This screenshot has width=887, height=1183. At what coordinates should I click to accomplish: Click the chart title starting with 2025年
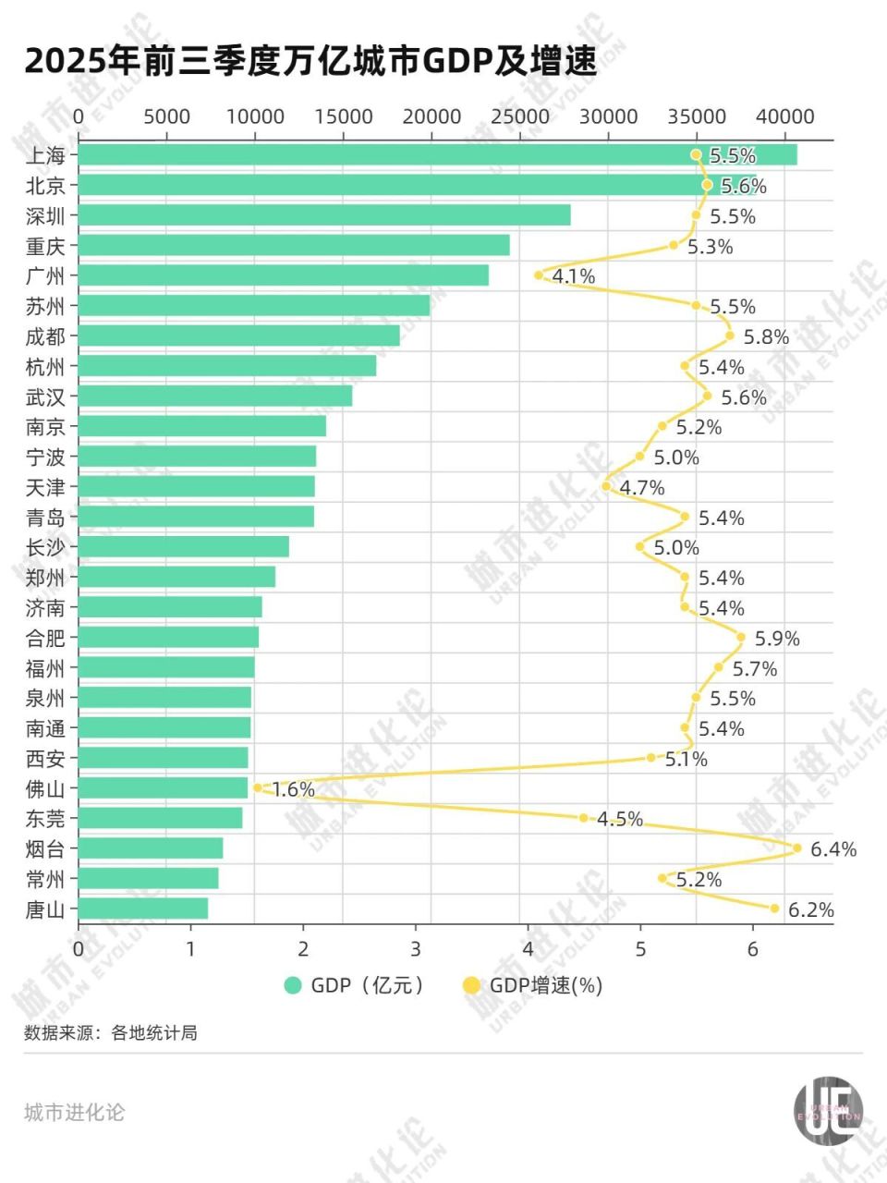click(x=310, y=61)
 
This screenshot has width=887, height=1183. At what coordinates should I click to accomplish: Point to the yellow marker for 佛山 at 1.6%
click(x=258, y=787)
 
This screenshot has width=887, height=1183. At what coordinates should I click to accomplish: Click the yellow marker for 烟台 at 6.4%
click(x=797, y=848)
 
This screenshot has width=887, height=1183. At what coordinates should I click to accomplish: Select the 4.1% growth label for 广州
click(x=574, y=276)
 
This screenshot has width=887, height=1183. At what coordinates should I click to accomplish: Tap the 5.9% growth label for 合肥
click(x=777, y=639)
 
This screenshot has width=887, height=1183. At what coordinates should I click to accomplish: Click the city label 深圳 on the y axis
click(x=45, y=216)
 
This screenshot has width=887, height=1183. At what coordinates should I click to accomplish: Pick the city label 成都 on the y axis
click(x=45, y=336)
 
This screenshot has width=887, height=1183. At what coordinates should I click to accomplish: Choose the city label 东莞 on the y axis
click(x=45, y=819)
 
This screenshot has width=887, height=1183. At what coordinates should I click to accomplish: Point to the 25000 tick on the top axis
click(x=520, y=116)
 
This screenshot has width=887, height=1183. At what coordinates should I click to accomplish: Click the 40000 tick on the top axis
click(x=785, y=116)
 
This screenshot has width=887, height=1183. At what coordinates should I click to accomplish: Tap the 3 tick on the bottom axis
click(x=416, y=949)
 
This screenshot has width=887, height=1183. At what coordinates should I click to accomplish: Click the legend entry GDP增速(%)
click(x=545, y=985)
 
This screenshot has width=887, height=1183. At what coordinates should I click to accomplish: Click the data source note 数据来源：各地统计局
click(x=111, y=1033)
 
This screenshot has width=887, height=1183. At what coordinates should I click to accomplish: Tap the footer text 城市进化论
click(x=74, y=1113)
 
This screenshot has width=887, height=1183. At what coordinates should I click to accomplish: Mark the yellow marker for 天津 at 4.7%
click(x=606, y=486)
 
